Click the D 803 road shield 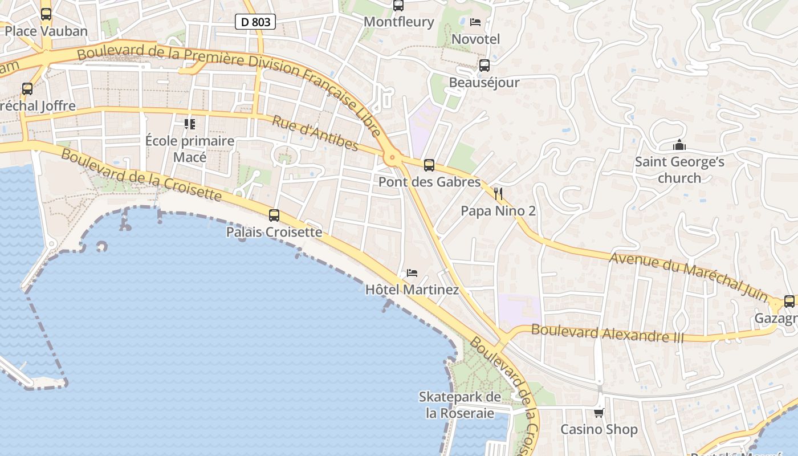[255, 22]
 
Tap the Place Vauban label [46, 31]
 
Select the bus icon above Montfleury [398, 6]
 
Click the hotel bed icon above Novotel [475, 22]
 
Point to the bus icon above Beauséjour [484, 66]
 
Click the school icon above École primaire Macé [190, 124]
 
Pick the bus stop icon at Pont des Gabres [429, 165]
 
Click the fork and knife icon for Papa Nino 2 [498, 194]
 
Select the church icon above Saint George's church [679, 145]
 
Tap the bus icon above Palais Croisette [274, 215]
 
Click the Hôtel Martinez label [412, 290]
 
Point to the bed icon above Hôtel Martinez [412, 273]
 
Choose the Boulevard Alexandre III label [607, 333]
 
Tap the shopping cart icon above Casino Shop [598, 413]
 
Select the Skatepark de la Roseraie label [460, 405]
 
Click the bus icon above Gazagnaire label [789, 302]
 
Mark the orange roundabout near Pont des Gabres [392, 158]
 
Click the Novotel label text [475, 39]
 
